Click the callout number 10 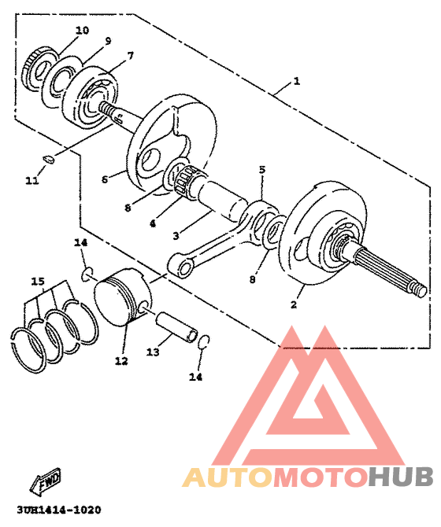pyautogui.click(x=82, y=30)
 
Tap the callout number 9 pyautogui.click(x=108, y=41)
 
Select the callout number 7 pyautogui.click(x=130, y=56)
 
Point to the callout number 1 pyautogui.click(x=296, y=81)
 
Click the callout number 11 pyautogui.click(x=32, y=180)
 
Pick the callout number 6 pyautogui.click(x=105, y=179)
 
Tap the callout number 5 pyautogui.click(x=262, y=170)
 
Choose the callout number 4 pyautogui.click(x=153, y=223)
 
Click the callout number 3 pyautogui.click(x=176, y=236)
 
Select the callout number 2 pyautogui.click(x=294, y=304)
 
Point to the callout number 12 pyautogui.click(x=121, y=361)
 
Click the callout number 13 pyautogui.click(x=153, y=352)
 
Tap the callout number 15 pyautogui.click(x=38, y=282)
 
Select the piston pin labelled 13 pyautogui.click(x=176, y=327)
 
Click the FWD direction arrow pyautogui.click(x=46, y=481)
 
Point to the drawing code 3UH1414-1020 pyautogui.click(x=59, y=510)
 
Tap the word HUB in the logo pyautogui.click(x=401, y=476)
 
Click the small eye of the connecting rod pyautogui.click(x=185, y=270)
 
